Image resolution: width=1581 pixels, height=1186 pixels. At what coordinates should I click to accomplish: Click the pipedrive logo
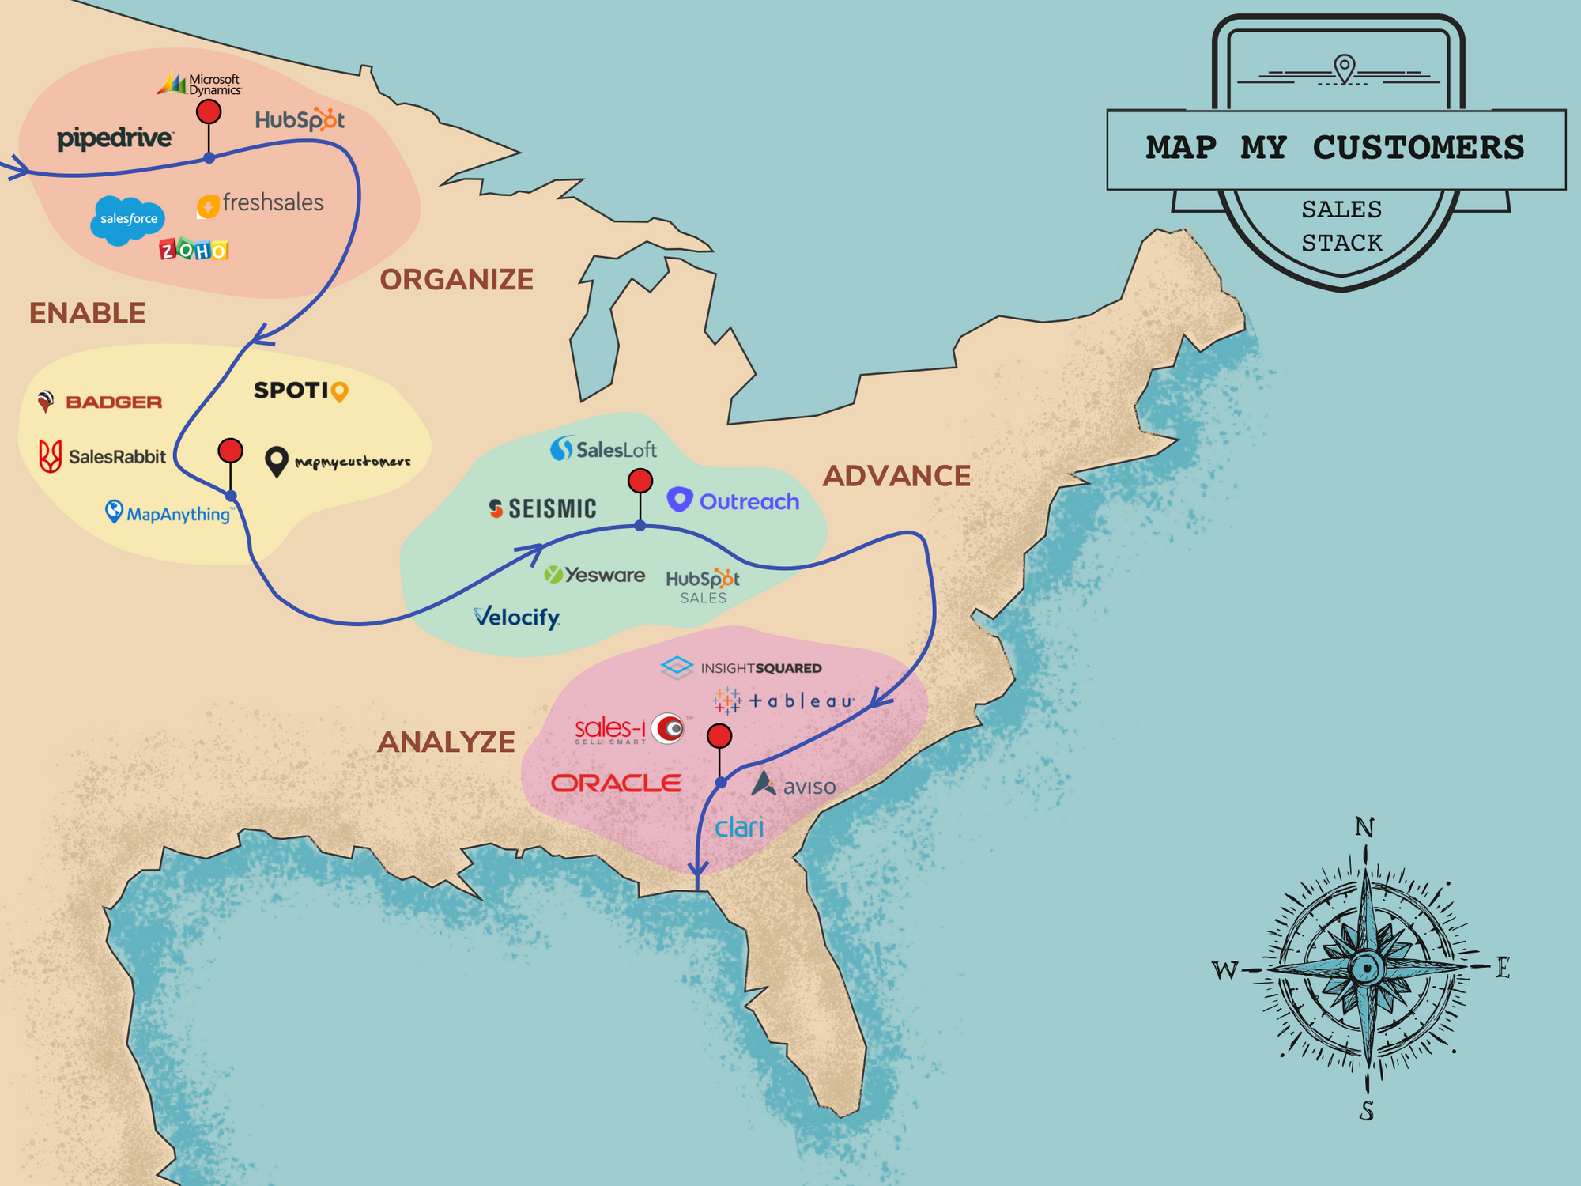[115, 138]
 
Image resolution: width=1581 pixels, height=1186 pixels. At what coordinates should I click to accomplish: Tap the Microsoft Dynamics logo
[199, 83]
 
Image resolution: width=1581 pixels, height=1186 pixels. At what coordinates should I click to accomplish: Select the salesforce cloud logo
[128, 219]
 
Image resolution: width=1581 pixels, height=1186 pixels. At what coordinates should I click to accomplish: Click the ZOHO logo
[194, 250]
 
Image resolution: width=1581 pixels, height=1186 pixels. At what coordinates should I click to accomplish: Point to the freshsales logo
[261, 203]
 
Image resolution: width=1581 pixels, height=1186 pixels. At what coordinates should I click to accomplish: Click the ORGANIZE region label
[456, 280]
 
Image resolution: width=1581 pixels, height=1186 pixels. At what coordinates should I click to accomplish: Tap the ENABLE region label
[87, 314]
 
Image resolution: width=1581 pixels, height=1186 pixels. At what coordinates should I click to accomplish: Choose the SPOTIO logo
[300, 391]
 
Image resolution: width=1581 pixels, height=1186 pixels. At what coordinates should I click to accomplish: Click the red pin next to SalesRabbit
[230, 451]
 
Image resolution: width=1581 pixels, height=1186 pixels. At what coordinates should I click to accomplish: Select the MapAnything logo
[168, 513]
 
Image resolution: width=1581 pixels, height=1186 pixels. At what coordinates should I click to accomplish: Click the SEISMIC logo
[542, 508]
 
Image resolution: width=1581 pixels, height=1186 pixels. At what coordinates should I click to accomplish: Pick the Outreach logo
[733, 501]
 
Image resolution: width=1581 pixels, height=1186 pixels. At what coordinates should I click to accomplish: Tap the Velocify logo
[517, 617]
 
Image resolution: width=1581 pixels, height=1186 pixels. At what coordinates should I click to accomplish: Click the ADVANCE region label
[896, 476]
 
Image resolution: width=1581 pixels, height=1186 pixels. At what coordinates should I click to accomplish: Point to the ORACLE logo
[616, 783]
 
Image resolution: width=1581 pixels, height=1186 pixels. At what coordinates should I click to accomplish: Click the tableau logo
[783, 701]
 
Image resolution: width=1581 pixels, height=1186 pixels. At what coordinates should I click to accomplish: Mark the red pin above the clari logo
[719, 736]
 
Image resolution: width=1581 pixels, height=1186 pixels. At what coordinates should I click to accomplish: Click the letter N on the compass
[1364, 827]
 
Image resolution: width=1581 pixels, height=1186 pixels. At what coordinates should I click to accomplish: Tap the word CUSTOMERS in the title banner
[1418, 148]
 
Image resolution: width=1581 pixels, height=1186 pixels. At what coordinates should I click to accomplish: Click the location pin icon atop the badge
[1344, 67]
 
